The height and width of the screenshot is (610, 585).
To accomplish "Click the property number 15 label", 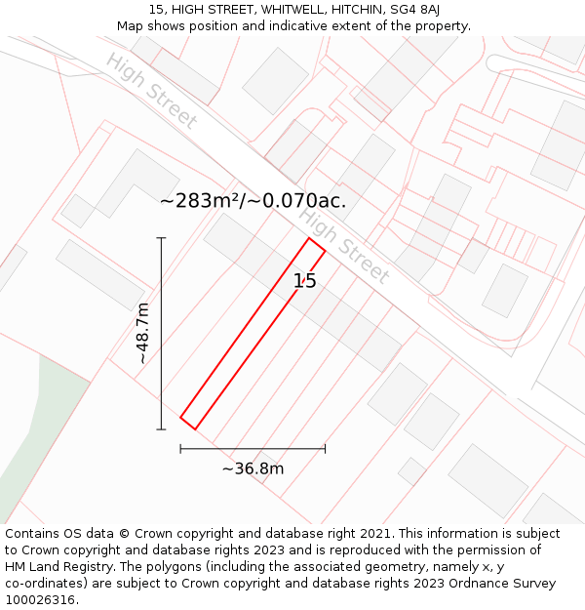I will pyautogui.click(x=305, y=281).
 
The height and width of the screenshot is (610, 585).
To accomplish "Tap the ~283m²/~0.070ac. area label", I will pyautogui.click(x=253, y=202).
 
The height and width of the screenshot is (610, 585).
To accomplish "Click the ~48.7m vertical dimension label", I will pyautogui.click(x=143, y=334).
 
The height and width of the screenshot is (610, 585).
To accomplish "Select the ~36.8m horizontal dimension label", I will pyautogui.click(x=253, y=468).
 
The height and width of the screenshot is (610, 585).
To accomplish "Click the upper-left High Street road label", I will pyautogui.click(x=151, y=92).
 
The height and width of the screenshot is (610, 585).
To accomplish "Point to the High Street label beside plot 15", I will pyautogui.click(x=343, y=247).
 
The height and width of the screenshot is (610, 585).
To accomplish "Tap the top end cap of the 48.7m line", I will pyautogui.click(x=162, y=238).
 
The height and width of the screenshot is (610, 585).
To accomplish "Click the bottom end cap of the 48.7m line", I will pyautogui.click(x=162, y=428).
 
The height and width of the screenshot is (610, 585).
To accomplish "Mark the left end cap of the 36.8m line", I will pyautogui.click(x=181, y=449).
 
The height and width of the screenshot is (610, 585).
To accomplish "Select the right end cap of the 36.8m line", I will pyautogui.click(x=325, y=449).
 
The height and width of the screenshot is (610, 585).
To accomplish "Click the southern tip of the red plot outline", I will pyautogui.click(x=195, y=428).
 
